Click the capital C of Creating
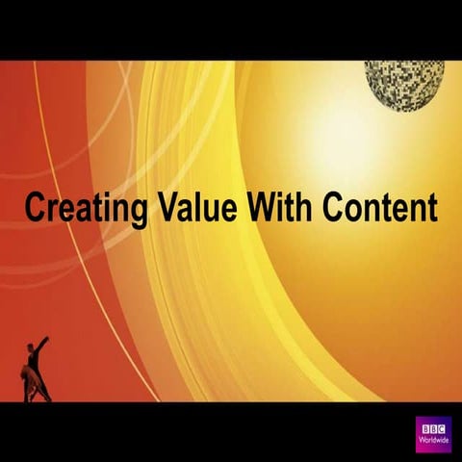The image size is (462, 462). tap(35, 206)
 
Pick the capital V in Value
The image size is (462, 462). tap(158, 206)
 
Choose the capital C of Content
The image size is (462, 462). tap(333, 206)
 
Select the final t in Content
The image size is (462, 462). tap(431, 207)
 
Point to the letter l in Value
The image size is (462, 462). tap(187, 206)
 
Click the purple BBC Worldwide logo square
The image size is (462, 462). tap(434, 434)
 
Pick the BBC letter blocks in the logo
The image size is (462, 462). tap(434, 428)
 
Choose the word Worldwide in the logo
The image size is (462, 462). tap(434, 441)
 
